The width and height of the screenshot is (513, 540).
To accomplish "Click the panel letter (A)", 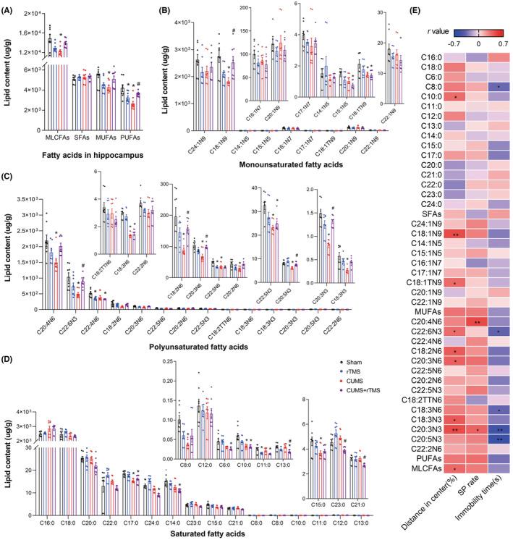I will point(9,8).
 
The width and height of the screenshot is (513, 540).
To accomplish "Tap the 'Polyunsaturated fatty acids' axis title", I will point(204,347).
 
